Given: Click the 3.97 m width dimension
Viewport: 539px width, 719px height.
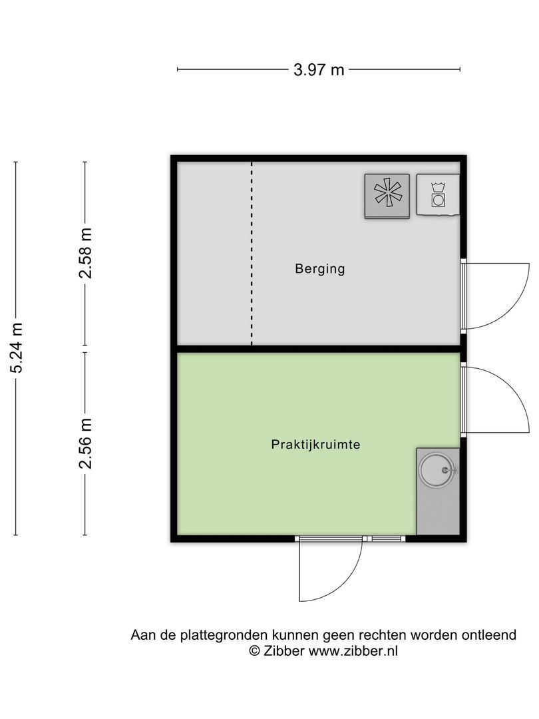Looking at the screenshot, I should [319, 69].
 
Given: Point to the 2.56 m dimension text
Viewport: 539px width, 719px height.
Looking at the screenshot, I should [85, 443].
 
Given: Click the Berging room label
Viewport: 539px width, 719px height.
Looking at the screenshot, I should [320, 270].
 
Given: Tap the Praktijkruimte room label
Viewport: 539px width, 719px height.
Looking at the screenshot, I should [315, 444].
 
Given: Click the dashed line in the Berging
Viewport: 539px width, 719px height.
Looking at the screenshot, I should [252, 253].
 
